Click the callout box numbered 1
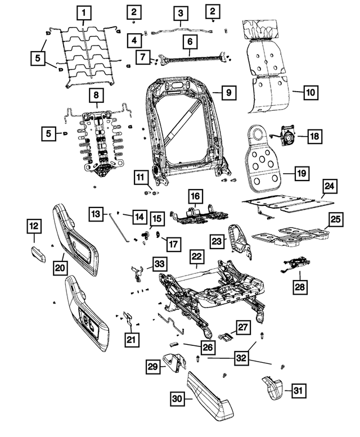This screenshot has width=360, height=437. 84,12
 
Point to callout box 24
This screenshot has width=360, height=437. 330,187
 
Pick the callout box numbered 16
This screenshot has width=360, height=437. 194,196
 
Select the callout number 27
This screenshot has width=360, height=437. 242,327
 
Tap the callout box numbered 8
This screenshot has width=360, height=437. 96,95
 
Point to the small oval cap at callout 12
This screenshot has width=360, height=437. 35,253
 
